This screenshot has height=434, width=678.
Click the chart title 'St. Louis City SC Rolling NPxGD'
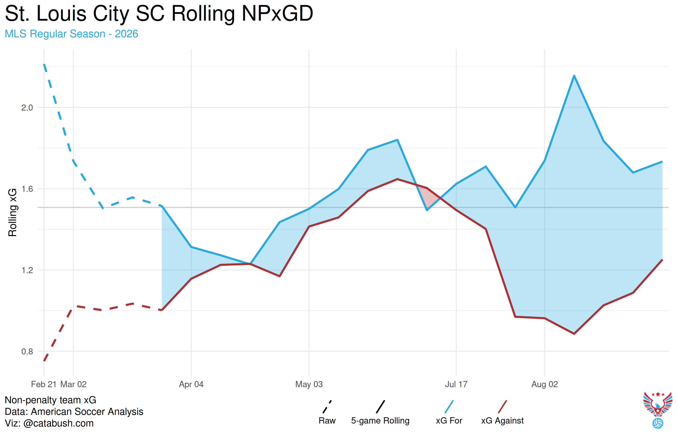[x=159, y=14]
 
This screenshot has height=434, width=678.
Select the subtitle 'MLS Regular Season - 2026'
[x=72, y=34]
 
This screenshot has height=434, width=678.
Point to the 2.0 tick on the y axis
[x=27, y=108]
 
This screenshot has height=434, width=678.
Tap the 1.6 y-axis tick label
[x=27, y=189]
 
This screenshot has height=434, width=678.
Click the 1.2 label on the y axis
[x=27, y=270]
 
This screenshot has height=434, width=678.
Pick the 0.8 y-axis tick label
[x=27, y=351]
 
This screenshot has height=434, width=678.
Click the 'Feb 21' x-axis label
[x=44, y=384]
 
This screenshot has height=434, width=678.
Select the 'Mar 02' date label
[x=73, y=384]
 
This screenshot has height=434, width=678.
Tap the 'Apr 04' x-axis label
[x=191, y=384]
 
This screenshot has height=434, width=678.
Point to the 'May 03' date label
[x=309, y=384]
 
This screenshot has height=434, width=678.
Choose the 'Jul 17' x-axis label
[x=456, y=384]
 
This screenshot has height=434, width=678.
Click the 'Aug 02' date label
[x=545, y=384]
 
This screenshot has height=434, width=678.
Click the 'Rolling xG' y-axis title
[x=13, y=213]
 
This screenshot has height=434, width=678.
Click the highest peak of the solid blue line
[x=574, y=76]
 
